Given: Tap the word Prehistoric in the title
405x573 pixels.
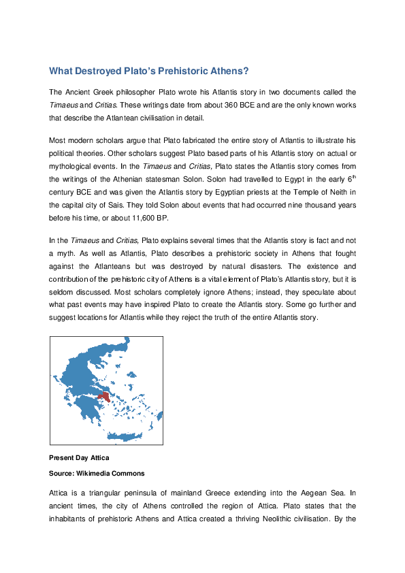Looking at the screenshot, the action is point(187,71).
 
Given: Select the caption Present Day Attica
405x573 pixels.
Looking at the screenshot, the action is point(79,458).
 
